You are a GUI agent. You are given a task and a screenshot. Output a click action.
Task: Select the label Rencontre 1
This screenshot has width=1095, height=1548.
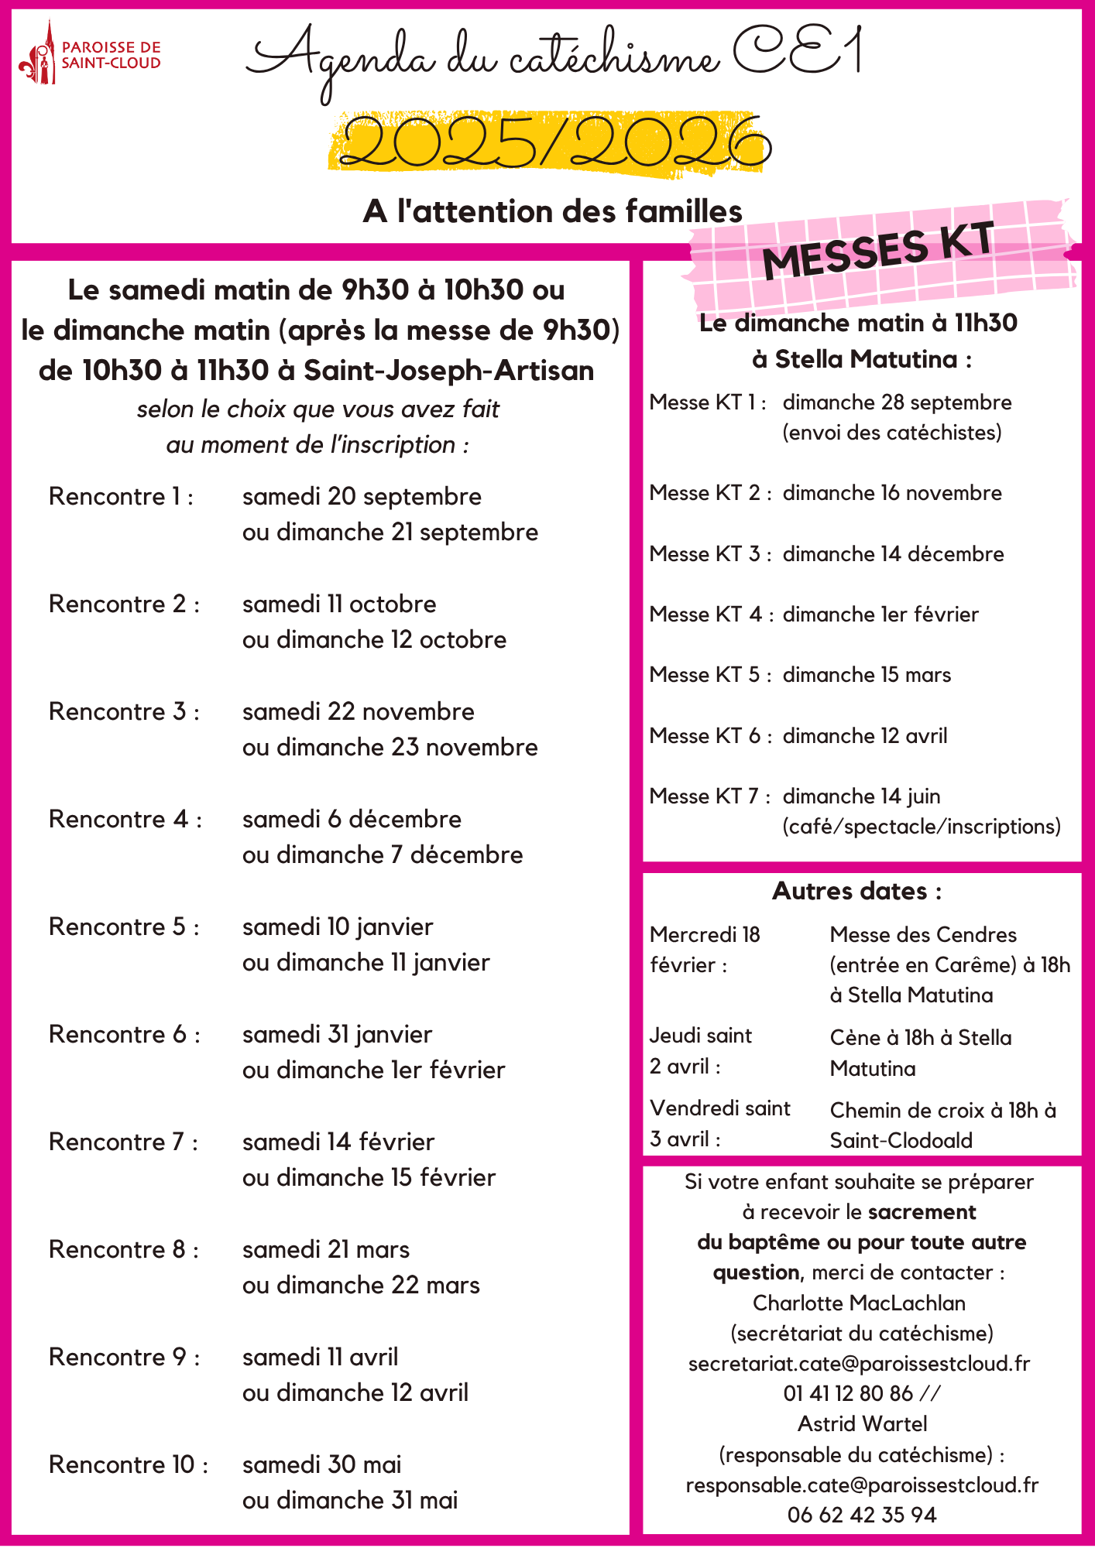click(x=121, y=497)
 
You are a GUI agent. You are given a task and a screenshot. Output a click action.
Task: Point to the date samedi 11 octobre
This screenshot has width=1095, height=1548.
click(x=339, y=604)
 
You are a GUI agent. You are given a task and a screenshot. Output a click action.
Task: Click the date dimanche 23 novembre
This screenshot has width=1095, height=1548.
click(x=390, y=748)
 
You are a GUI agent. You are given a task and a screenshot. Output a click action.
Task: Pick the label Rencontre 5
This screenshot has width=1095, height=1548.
click(x=124, y=927)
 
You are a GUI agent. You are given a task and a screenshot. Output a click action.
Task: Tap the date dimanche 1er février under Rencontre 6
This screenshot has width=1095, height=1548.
click(x=373, y=1070)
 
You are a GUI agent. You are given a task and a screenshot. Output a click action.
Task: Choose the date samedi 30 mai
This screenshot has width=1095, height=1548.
click(x=321, y=1465)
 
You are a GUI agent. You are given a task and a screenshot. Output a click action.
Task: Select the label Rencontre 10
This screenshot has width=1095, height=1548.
click(x=128, y=1465)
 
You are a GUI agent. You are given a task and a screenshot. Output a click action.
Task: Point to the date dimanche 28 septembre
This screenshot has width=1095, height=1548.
click(x=897, y=402)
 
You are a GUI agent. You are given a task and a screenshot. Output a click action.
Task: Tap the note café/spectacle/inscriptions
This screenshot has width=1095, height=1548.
click(x=922, y=827)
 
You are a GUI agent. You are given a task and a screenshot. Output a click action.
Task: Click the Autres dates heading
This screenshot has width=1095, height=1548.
click(x=856, y=892)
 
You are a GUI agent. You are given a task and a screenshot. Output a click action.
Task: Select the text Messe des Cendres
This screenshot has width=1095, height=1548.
click(x=923, y=935)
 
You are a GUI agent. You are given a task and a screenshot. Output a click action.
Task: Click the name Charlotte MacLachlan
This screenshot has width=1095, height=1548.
click(x=859, y=1303)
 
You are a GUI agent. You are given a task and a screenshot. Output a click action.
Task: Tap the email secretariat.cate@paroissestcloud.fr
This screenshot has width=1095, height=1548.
click(x=859, y=1364)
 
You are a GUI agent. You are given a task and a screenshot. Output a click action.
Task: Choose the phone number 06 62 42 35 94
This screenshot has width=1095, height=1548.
click(x=862, y=1515)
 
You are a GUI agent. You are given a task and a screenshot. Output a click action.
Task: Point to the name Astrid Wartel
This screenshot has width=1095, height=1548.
click(x=862, y=1424)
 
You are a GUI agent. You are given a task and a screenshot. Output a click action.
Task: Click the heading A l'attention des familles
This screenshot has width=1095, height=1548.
click(x=552, y=211)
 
